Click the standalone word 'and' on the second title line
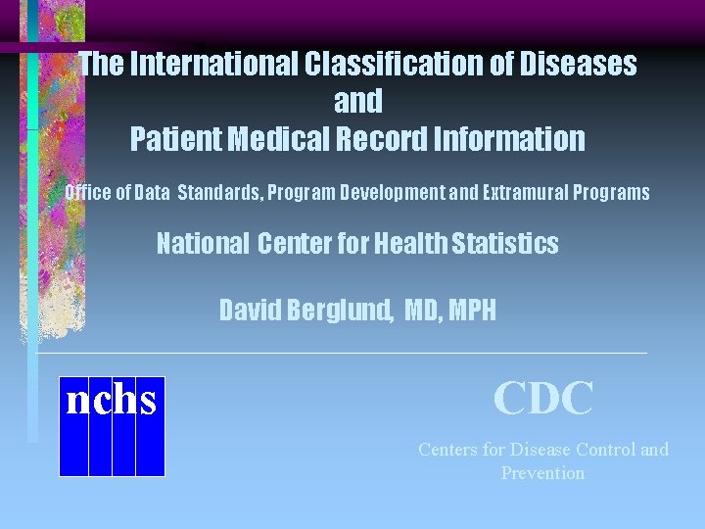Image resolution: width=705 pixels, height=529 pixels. (358, 101)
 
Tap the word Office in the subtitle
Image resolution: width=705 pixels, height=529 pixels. (89, 192)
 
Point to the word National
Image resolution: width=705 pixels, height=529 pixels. (203, 243)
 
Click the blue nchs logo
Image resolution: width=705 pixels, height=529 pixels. (112, 426)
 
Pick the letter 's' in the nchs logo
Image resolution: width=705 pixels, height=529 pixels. (149, 401)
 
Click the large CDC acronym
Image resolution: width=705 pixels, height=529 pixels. (543, 399)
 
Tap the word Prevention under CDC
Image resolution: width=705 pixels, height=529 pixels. (542, 473)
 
